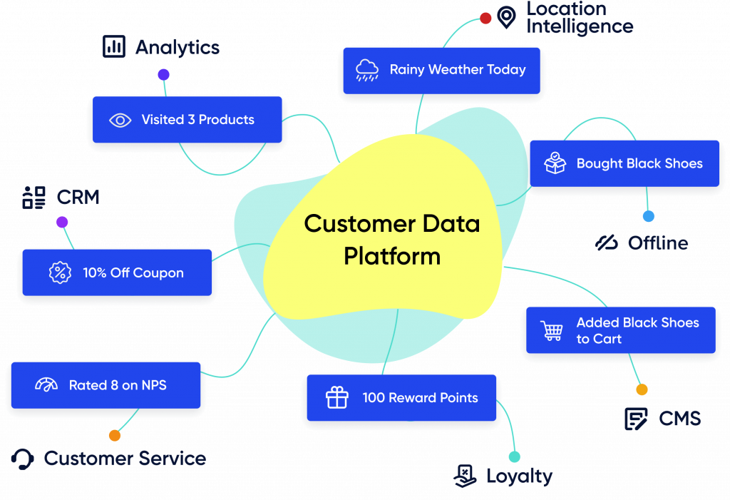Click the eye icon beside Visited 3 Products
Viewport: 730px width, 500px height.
120,120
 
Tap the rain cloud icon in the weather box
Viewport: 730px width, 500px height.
367,70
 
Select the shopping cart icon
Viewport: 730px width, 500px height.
552,330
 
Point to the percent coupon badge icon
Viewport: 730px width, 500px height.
60,272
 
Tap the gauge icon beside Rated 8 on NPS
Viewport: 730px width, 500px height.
46,385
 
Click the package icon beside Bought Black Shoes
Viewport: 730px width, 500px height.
555,163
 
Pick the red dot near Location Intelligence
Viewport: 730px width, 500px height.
485,18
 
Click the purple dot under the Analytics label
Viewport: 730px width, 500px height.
163,75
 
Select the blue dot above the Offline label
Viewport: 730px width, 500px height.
648,216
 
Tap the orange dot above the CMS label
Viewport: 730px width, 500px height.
642,389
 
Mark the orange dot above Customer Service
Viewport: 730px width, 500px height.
114,435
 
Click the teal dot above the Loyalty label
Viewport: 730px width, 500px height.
514,456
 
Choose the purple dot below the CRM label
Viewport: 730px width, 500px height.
62,222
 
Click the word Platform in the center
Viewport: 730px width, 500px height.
391,256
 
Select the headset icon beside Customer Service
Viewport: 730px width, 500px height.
24,459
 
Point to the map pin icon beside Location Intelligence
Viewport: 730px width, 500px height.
506,17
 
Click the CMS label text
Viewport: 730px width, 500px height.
679,419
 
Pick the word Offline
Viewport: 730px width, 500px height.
657,243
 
